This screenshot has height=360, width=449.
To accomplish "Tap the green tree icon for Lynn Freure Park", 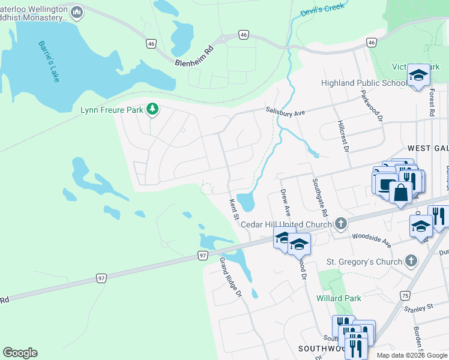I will click(x=153, y=109).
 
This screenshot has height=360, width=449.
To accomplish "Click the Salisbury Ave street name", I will click(x=286, y=110).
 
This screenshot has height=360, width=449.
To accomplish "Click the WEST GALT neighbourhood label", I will click(x=427, y=148).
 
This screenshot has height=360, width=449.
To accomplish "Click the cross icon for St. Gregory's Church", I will click(x=411, y=261).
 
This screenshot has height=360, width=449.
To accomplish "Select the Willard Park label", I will click(x=339, y=298).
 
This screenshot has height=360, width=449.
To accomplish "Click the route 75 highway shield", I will click(x=405, y=296).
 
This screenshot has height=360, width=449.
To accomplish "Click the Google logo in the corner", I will click(x=20, y=353).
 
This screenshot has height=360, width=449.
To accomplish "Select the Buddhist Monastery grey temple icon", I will click(x=77, y=12).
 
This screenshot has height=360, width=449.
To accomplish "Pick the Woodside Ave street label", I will click(x=371, y=239).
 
